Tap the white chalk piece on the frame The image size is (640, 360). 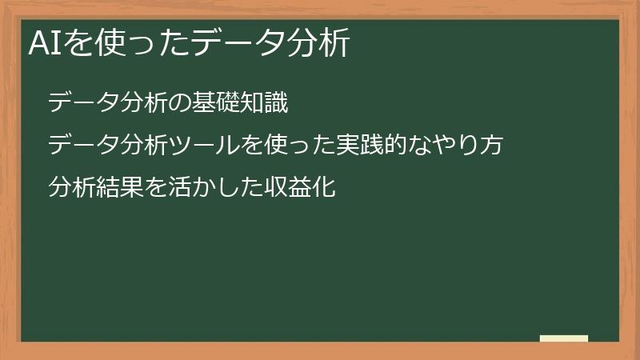pyautogui.click(x=563, y=338)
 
